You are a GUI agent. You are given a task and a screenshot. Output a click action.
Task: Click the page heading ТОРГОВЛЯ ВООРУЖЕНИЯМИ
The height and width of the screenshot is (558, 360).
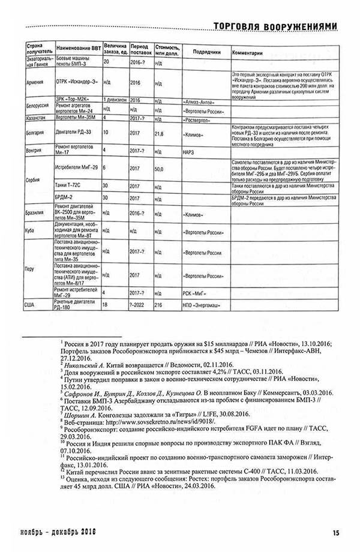pos(271,25)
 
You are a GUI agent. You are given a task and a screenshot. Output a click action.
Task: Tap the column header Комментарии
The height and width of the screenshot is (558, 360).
pos(247,52)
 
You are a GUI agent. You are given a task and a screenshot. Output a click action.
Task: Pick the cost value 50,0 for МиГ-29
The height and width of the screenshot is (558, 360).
pos(159,170)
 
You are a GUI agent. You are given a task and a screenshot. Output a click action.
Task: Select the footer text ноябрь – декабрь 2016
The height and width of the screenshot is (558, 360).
pos(59,532)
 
